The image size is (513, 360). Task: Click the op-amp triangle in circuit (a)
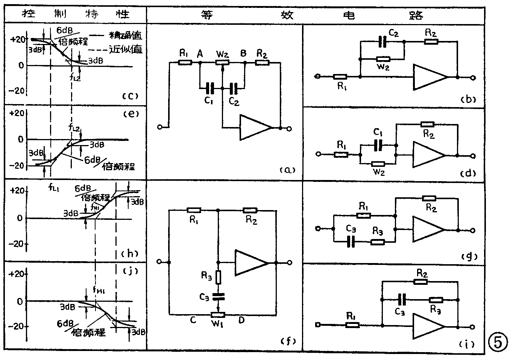click(254, 128)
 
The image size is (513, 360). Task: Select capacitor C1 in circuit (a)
click(210, 89)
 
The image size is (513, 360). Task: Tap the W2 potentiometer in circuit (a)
click(223, 62)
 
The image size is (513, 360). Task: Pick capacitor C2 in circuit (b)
click(383, 42)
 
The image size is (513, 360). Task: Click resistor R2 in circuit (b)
click(431, 41)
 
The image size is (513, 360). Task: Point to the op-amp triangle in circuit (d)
click(428, 154)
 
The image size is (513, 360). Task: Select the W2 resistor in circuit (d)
click(378, 164)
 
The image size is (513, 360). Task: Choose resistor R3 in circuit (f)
click(219, 277)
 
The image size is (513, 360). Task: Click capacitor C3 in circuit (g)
click(351, 242)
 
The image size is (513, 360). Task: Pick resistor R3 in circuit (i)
click(436, 299)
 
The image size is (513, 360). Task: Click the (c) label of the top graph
click(130, 95)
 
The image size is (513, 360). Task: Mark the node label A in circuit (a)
click(200, 54)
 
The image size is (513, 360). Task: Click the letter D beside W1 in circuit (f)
click(241, 320)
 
